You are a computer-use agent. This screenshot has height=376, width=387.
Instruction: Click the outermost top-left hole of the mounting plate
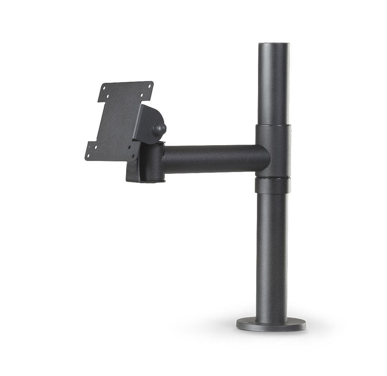pos(104,88)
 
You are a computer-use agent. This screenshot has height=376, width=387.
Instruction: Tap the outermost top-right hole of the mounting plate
pos(149,86)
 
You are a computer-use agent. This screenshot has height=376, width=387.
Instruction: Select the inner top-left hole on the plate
pos(107,96)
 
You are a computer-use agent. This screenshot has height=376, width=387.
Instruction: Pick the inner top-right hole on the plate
pos(142,95)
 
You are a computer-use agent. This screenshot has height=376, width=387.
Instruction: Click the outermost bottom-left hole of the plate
pos(88,156)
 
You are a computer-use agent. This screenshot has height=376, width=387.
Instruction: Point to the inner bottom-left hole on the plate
pos(96,147)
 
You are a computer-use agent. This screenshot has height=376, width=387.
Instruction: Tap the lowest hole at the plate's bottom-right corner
pos(133,156)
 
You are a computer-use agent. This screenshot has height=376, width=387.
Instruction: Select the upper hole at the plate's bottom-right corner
pos(129,147)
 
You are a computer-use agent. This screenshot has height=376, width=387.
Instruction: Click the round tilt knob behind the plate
pos(160,129)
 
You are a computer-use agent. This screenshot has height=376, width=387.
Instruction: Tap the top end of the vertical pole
pos(274,44)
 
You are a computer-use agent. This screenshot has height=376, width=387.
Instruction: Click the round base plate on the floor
pos(271,324)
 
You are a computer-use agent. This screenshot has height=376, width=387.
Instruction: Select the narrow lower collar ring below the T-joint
pos(273,186)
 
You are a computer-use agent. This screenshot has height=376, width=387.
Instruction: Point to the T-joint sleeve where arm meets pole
pos(274,151)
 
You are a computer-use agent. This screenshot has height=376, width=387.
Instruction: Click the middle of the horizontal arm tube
pos(215,158)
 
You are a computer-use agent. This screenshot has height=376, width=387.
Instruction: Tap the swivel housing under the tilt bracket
pos(149,163)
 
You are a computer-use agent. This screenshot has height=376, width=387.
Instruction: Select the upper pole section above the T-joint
pos(273,86)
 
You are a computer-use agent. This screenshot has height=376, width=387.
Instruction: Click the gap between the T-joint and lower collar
pos(273,177)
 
